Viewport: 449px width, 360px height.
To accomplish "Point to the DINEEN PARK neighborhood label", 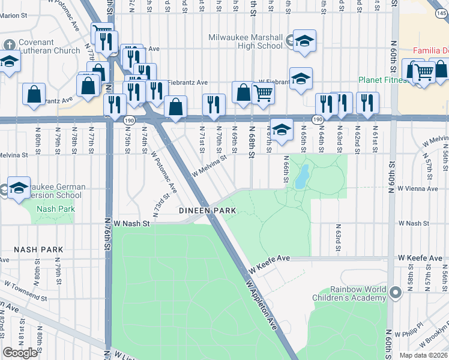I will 207,211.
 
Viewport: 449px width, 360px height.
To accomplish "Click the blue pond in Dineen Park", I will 302,177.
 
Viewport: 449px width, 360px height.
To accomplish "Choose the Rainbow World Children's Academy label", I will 349,293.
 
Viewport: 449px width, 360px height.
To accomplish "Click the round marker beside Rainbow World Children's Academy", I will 395,292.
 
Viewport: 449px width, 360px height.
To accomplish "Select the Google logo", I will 20,353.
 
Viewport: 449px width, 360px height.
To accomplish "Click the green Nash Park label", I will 54,209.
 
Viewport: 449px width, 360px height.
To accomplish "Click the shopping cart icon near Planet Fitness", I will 424,73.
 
